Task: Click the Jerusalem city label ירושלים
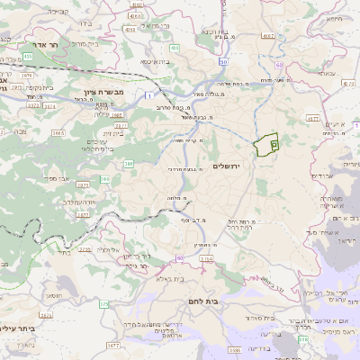click(229, 166)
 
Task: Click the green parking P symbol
click(274, 142)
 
